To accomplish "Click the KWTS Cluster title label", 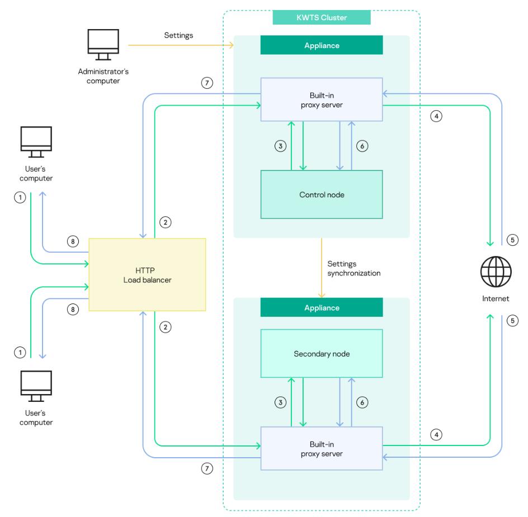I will [322, 17].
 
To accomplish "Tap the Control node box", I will [322, 194].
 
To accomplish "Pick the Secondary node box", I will [322, 353].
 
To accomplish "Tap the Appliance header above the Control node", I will [322, 45].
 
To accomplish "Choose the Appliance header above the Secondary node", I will [322, 307].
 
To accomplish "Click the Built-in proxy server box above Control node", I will [322, 99].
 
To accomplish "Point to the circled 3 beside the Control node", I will [281, 146].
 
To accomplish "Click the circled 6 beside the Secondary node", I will [362, 402].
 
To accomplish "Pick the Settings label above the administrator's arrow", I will [179, 35].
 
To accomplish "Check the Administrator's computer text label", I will [103, 76].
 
